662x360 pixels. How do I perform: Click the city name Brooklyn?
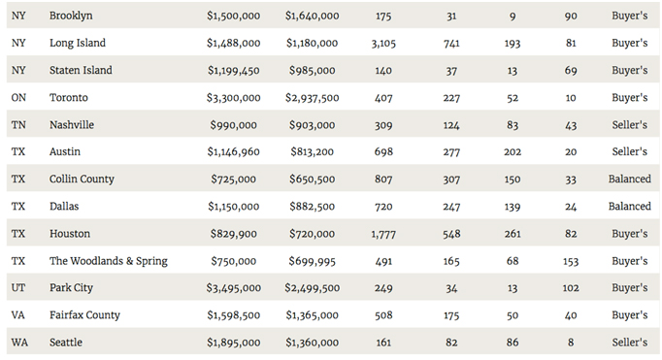point(71,16)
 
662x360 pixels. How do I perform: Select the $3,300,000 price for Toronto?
point(234,98)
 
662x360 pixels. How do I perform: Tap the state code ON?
point(18,97)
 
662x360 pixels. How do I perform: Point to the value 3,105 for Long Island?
point(383,43)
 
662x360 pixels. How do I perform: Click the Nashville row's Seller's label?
point(630,125)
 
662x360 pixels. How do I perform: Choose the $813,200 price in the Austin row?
point(312,152)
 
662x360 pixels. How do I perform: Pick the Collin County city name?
point(82,179)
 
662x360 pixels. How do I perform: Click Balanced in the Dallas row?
point(630,207)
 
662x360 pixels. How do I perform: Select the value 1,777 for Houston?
point(383,234)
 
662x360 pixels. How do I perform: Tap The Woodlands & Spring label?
point(109,261)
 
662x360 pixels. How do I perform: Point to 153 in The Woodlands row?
point(571,261)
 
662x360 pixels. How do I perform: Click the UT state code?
point(18,288)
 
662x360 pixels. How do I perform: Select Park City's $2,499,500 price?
point(312,288)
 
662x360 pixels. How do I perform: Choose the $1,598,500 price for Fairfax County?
point(234,315)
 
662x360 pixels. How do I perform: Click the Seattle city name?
point(66,343)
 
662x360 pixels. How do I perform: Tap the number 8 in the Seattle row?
point(571,343)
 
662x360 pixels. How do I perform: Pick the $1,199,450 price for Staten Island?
point(234,71)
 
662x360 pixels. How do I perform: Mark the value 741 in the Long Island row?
point(451,43)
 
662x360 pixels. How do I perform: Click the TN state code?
point(18,125)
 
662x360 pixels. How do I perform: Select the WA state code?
point(19,343)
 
